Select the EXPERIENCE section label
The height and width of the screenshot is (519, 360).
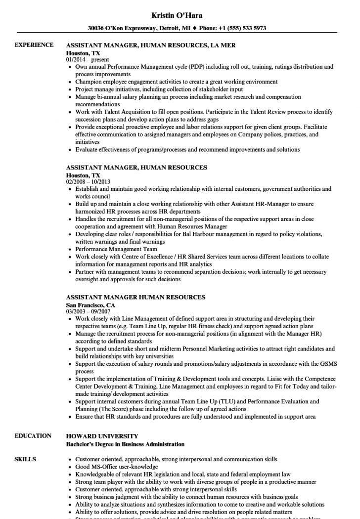pyautogui.click(x=34, y=45)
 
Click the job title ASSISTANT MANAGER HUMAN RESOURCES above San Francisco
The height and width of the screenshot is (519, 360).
pyautogui.click(x=136, y=298)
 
